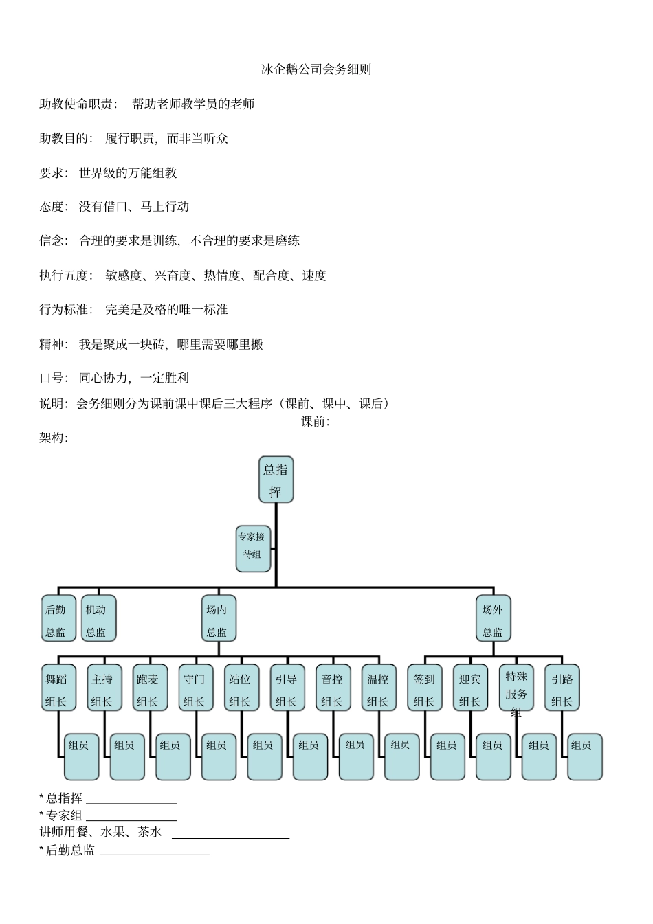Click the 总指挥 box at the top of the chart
coord(276,480)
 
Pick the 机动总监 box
coord(98,619)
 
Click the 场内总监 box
coord(218,619)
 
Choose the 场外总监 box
coord(493,619)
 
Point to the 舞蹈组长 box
coord(57,688)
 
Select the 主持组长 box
coord(103,688)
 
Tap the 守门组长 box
coord(195,688)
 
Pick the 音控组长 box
coord(333,688)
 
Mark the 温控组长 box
coord(379,688)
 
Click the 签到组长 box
coord(425,688)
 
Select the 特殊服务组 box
coord(516,688)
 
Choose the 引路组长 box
coord(562,688)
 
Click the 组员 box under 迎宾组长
coord(493,757)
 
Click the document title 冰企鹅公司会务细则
coord(316,69)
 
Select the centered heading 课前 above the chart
coord(316,421)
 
